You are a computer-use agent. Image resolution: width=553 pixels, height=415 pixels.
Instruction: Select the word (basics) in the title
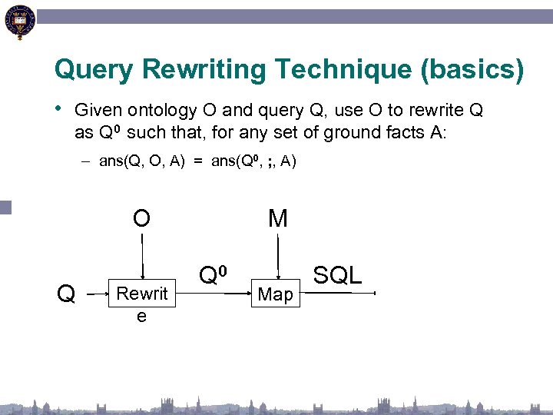[x=472, y=71]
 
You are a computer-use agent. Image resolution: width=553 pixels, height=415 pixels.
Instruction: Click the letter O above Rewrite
[x=141, y=219]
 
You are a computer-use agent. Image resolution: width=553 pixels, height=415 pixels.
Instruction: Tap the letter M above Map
[x=277, y=219]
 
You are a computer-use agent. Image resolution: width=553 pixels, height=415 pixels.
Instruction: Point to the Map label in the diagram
[x=276, y=294]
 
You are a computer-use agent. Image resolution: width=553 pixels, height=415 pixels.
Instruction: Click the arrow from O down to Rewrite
[x=141, y=257]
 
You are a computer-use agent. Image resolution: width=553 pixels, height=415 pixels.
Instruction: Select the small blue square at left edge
[x=5, y=207]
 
